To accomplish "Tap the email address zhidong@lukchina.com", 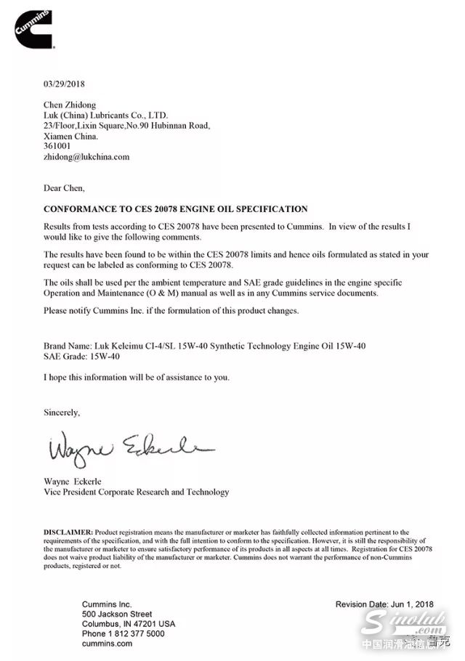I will (86, 156).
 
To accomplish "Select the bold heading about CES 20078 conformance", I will (176, 208).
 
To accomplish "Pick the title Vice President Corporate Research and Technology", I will (137, 492).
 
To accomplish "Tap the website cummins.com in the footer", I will (107, 644).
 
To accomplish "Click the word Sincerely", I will (62, 412).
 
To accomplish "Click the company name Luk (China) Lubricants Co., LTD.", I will (106, 115).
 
